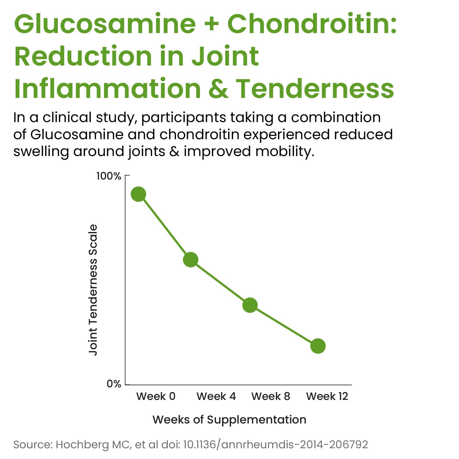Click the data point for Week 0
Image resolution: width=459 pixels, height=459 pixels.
pos(138,194)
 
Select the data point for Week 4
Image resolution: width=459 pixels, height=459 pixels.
pos(191,259)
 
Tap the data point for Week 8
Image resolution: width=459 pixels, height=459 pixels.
pos(250,305)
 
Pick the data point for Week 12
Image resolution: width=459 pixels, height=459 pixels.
pos(318,346)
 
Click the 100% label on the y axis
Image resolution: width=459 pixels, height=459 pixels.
pos(109,176)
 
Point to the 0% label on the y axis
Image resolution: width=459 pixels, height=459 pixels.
pos(114,384)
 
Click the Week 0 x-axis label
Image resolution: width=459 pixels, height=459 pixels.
pos(156,396)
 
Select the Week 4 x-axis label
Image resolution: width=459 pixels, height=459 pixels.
pos(216,396)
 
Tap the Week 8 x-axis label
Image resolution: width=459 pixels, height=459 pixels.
pos(271,396)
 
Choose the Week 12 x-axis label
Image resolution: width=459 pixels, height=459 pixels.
pos(327,396)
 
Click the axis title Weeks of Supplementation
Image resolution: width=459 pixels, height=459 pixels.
pos(229,420)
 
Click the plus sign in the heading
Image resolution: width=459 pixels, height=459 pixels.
pos(211,24)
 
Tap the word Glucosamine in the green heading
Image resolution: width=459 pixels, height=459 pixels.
pos(105,24)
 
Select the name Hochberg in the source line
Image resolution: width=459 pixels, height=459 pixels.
pos(82,445)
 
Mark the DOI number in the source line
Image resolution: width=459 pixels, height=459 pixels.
pos(275,445)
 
